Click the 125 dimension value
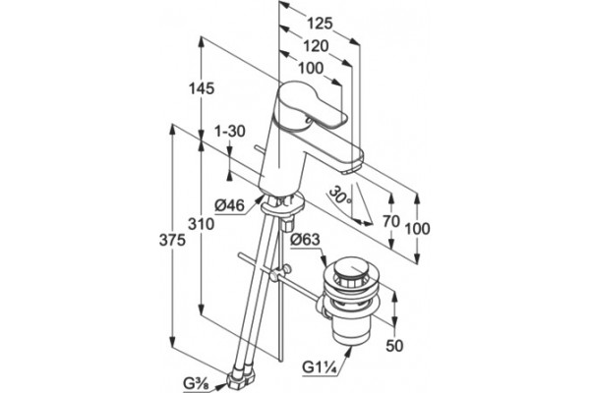point(321,24)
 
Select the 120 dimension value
point(316,46)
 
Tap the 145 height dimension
point(202,88)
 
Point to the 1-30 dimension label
point(230,132)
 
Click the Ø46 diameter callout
point(229,205)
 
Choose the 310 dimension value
point(202,224)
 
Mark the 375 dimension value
point(172,240)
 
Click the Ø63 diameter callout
point(305,239)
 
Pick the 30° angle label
point(340,196)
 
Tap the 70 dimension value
point(391,221)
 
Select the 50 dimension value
point(394,346)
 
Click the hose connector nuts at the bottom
point(242,377)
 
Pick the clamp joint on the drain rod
point(279,273)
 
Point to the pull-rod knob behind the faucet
point(257,147)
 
